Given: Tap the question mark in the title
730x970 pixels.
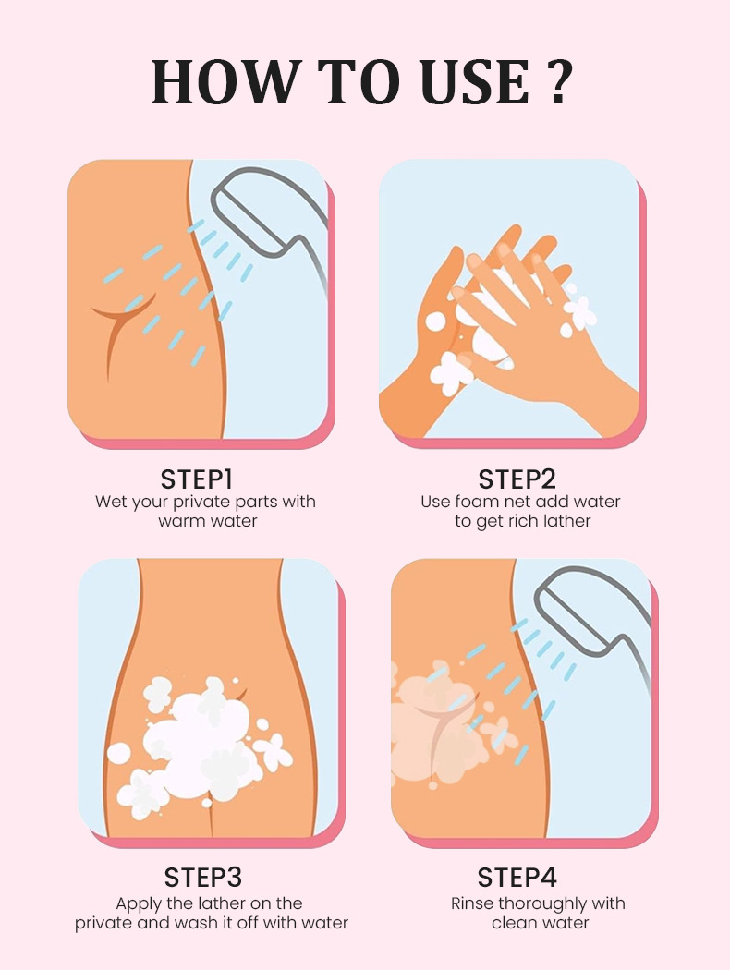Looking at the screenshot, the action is point(558,81).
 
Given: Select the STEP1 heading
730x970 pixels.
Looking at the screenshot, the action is point(197,479).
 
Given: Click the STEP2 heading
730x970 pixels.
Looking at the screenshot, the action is point(517,479).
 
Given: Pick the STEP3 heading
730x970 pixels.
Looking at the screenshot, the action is point(203,878).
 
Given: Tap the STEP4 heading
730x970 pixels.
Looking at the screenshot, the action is point(517,878).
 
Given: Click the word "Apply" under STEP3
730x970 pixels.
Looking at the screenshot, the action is point(138,904).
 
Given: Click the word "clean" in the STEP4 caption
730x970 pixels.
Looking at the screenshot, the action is point(514,923).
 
